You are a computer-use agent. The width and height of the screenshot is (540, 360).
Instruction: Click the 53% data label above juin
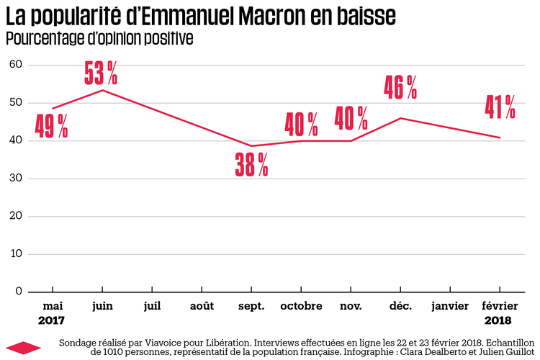[x=101, y=72]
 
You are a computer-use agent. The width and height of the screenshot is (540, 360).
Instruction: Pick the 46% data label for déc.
[x=400, y=86]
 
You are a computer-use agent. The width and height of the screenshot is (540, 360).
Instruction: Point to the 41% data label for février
[x=499, y=106]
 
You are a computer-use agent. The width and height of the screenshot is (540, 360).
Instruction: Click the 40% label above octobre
[x=301, y=124]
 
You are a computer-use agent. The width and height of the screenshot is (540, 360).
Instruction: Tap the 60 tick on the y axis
[x=15, y=65]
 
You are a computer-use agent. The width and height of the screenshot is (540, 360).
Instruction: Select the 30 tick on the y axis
[x=15, y=179]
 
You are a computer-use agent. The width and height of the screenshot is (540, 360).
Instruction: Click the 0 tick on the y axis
[x=19, y=292]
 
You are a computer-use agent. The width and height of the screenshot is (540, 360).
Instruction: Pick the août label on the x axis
[x=202, y=306]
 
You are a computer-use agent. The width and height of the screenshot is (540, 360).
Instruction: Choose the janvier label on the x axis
[x=450, y=306]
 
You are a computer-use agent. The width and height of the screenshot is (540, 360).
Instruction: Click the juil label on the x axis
[x=152, y=306]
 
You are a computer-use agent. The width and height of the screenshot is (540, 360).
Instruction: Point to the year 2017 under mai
[x=52, y=320]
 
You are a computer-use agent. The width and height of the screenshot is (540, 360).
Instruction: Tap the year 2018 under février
[x=498, y=320]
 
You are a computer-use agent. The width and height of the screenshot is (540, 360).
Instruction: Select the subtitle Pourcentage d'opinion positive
[x=99, y=37]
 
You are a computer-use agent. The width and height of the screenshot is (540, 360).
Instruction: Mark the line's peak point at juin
[x=102, y=90]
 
